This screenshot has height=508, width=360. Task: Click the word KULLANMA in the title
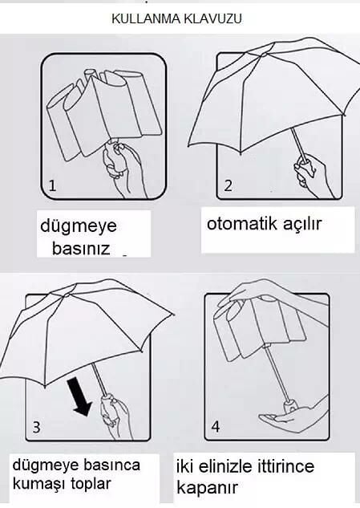coord(147,18)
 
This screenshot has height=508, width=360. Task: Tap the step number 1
coord(52,185)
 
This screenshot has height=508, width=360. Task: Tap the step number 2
coord(229,185)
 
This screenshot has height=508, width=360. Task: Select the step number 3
coord(37,427)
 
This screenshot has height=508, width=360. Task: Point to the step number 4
coord(216,427)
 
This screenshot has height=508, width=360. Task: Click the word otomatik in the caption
coord(242,224)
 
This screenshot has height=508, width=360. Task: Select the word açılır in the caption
coord(302,225)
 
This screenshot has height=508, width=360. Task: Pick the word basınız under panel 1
coord(81,249)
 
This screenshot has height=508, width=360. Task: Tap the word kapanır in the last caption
coord(207,487)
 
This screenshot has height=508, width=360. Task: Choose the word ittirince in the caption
coord(285,466)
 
